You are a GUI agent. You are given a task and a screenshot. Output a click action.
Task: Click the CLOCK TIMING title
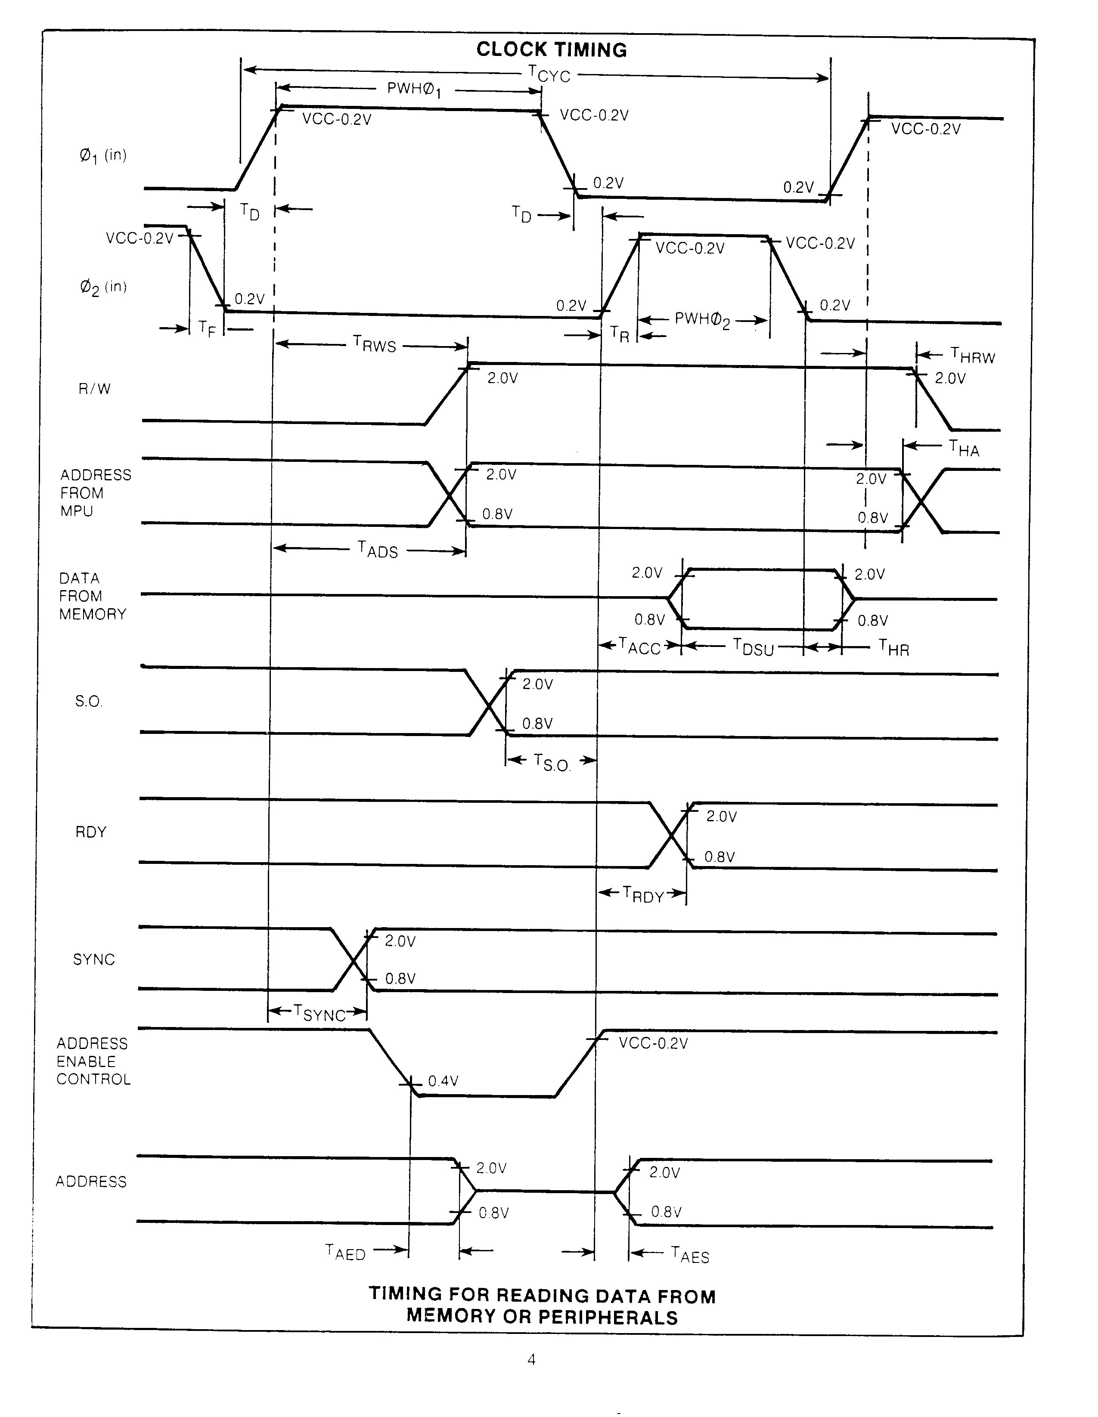552,50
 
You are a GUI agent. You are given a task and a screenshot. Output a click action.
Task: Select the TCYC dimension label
549,74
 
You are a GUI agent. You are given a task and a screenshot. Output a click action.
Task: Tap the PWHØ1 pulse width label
414,90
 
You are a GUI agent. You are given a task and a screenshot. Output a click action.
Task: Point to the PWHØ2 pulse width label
702,320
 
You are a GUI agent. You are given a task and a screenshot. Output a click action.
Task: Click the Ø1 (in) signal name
102,156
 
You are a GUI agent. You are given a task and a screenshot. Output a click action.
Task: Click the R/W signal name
95,389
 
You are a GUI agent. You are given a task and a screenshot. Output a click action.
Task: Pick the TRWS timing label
375,344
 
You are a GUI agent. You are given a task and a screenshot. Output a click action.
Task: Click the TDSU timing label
754,647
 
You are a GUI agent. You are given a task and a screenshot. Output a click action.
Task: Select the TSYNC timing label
319,1013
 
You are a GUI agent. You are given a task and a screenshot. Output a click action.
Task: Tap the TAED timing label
345,1252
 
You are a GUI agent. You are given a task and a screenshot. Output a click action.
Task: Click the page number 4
531,1360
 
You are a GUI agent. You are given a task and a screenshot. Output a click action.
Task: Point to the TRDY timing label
643,895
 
